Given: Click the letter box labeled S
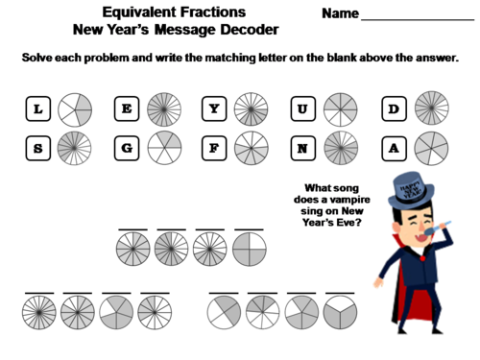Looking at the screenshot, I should tap(37, 149).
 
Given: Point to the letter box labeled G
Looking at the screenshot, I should tap(127, 149).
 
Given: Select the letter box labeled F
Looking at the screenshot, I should tap(215, 149).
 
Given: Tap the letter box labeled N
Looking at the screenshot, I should tap(303, 149).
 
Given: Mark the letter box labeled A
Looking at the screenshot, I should tap(393, 149).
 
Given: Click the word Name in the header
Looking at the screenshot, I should tap(341, 14).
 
